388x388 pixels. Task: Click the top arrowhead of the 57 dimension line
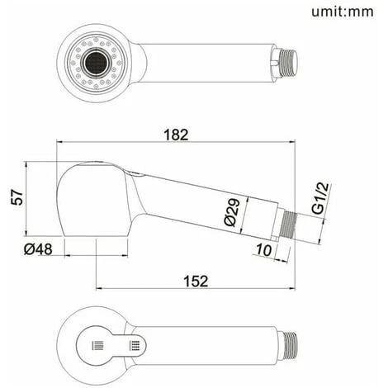tap(27, 162)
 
